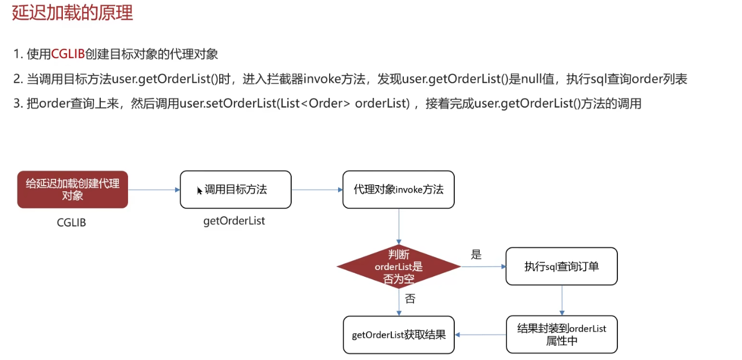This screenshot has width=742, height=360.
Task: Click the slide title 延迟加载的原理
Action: (x=73, y=12)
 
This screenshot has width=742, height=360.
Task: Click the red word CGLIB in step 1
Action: (x=68, y=54)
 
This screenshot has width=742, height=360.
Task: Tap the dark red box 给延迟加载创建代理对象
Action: (x=73, y=190)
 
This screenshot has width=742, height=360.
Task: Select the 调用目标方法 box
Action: (x=236, y=190)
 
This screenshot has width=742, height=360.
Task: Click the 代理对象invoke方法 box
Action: (x=398, y=190)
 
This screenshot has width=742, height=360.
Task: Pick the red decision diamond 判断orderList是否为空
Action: (x=399, y=266)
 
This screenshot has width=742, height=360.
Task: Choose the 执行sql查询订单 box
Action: (x=561, y=266)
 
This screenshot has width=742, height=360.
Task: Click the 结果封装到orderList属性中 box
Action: (x=561, y=335)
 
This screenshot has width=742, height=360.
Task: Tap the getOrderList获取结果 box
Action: (x=398, y=335)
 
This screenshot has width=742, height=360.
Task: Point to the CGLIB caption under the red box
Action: (x=71, y=222)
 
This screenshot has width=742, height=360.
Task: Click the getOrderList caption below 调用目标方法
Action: (x=234, y=221)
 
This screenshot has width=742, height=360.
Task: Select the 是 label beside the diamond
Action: (x=476, y=255)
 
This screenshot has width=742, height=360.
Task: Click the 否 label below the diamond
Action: (x=410, y=299)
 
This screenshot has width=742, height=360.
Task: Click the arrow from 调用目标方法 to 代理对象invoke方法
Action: (x=317, y=190)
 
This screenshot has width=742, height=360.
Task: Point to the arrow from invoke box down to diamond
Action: (x=399, y=226)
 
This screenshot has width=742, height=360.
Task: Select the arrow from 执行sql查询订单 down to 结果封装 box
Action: (x=561, y=300)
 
